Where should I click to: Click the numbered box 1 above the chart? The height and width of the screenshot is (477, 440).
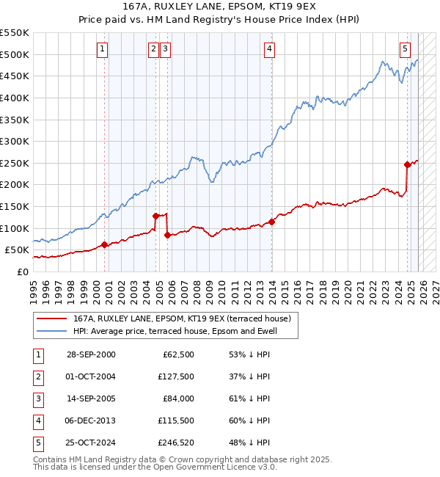pos(102,49)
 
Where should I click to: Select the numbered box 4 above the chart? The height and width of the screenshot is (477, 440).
pos(270,49)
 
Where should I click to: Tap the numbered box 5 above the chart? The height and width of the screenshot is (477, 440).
pos(405,49)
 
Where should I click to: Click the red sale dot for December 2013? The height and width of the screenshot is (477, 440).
pos(271,221)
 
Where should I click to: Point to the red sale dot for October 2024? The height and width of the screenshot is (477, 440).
pos(408,164)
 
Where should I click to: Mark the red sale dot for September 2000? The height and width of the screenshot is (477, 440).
pos(105,244)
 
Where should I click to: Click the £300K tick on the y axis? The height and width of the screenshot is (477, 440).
pos(15,141)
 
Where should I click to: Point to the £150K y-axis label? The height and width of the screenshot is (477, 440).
pos(15,206)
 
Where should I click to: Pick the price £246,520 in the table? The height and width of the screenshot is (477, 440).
pos(173,443)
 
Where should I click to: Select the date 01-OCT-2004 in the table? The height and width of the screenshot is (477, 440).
pos(91,376)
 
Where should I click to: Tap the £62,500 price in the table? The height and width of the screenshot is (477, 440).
pos(176,354)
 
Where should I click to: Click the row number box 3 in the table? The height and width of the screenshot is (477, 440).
pos(37,398)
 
